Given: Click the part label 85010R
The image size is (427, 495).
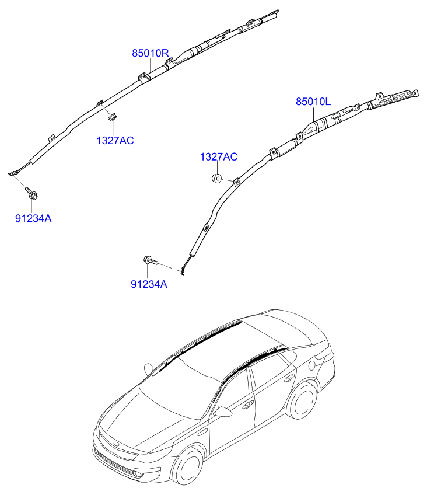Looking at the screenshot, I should tap(150, 53).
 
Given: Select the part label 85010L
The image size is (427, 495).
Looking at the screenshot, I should tap(313, 102).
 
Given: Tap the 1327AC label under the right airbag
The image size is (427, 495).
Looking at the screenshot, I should tap(116, 140).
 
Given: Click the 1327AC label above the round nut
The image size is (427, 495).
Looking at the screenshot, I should tap(219, 156).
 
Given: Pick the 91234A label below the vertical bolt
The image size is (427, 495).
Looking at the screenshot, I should tap(33, 218).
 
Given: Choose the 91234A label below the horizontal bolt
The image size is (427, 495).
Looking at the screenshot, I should tap(149, 284).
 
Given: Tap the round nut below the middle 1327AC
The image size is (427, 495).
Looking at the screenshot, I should tap(216, 178).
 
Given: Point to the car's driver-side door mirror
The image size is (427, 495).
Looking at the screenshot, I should tap(222, 412).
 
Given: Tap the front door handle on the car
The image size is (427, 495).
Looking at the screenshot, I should tap(248, 403).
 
